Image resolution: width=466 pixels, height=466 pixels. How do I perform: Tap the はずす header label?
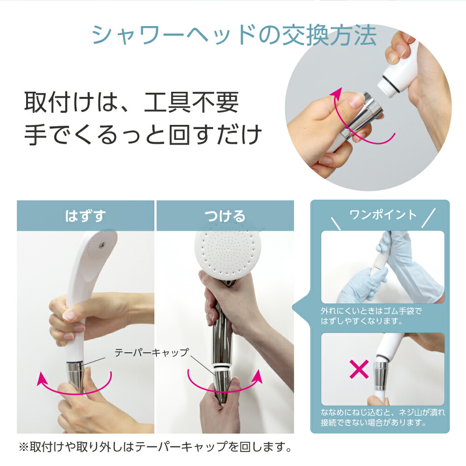click(85, 216)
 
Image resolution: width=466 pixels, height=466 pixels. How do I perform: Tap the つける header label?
click(225, 216)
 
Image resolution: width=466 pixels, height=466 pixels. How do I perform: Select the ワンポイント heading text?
click(383, 214)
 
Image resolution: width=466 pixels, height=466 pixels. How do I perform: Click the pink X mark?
click(359, 369)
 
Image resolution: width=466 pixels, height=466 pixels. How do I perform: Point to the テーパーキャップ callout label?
click(151, 352)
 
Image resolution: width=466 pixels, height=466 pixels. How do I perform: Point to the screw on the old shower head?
click(103, 244)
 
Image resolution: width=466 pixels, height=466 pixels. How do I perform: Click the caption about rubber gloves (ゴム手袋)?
click(371, 316)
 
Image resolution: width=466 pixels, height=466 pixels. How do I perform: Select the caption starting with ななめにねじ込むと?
click(383, 417)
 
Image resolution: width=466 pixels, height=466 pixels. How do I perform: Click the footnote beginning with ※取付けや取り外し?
click(155, 447)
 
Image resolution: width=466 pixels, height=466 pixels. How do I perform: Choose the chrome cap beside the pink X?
click(380, 376)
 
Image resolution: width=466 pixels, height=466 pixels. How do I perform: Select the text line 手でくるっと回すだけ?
click(143, 135)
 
